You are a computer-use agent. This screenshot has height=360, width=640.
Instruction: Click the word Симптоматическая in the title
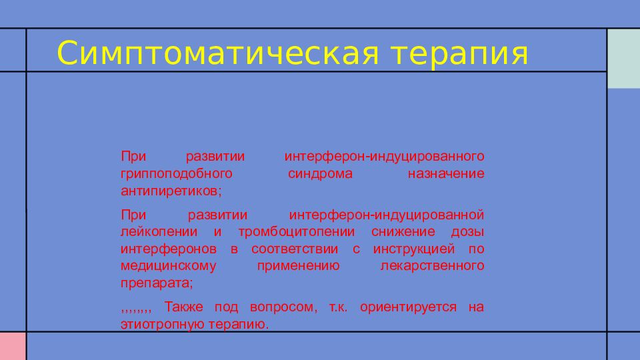[x=218, y=53]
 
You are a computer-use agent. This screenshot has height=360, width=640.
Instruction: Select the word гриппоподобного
[x=176, y=174]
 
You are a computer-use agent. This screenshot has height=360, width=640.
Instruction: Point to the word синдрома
[x=320, y=174]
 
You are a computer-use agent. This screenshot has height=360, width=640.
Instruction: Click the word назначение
[x=446, y=173]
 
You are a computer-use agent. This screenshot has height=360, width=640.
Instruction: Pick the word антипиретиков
[x=171, y=191]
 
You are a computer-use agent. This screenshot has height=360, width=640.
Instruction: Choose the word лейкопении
[x=159, y=232]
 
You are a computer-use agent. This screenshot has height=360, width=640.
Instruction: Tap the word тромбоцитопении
[x=297, y=232]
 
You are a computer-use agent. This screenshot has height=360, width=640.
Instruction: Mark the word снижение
[x=403, y=231]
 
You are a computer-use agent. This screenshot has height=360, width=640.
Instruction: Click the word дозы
[x=468, y=232]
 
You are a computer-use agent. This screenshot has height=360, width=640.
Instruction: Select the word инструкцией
[x=414, y=249]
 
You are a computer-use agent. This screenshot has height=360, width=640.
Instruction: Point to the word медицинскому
[x=169, y=266]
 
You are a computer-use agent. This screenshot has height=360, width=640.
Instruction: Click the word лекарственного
[x=432, y=266]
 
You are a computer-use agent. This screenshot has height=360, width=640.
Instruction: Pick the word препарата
[x=156, y=283]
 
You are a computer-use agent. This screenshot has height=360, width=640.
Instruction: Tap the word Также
[x=184, y=307]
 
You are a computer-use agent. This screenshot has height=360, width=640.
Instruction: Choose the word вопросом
[x=283, y=307]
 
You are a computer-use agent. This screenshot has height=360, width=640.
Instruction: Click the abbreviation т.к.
[x=338, y=307]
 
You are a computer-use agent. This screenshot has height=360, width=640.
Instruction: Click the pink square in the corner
[x=13, y=346]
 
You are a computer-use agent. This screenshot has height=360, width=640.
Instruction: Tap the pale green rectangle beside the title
[x=624, y=59]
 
